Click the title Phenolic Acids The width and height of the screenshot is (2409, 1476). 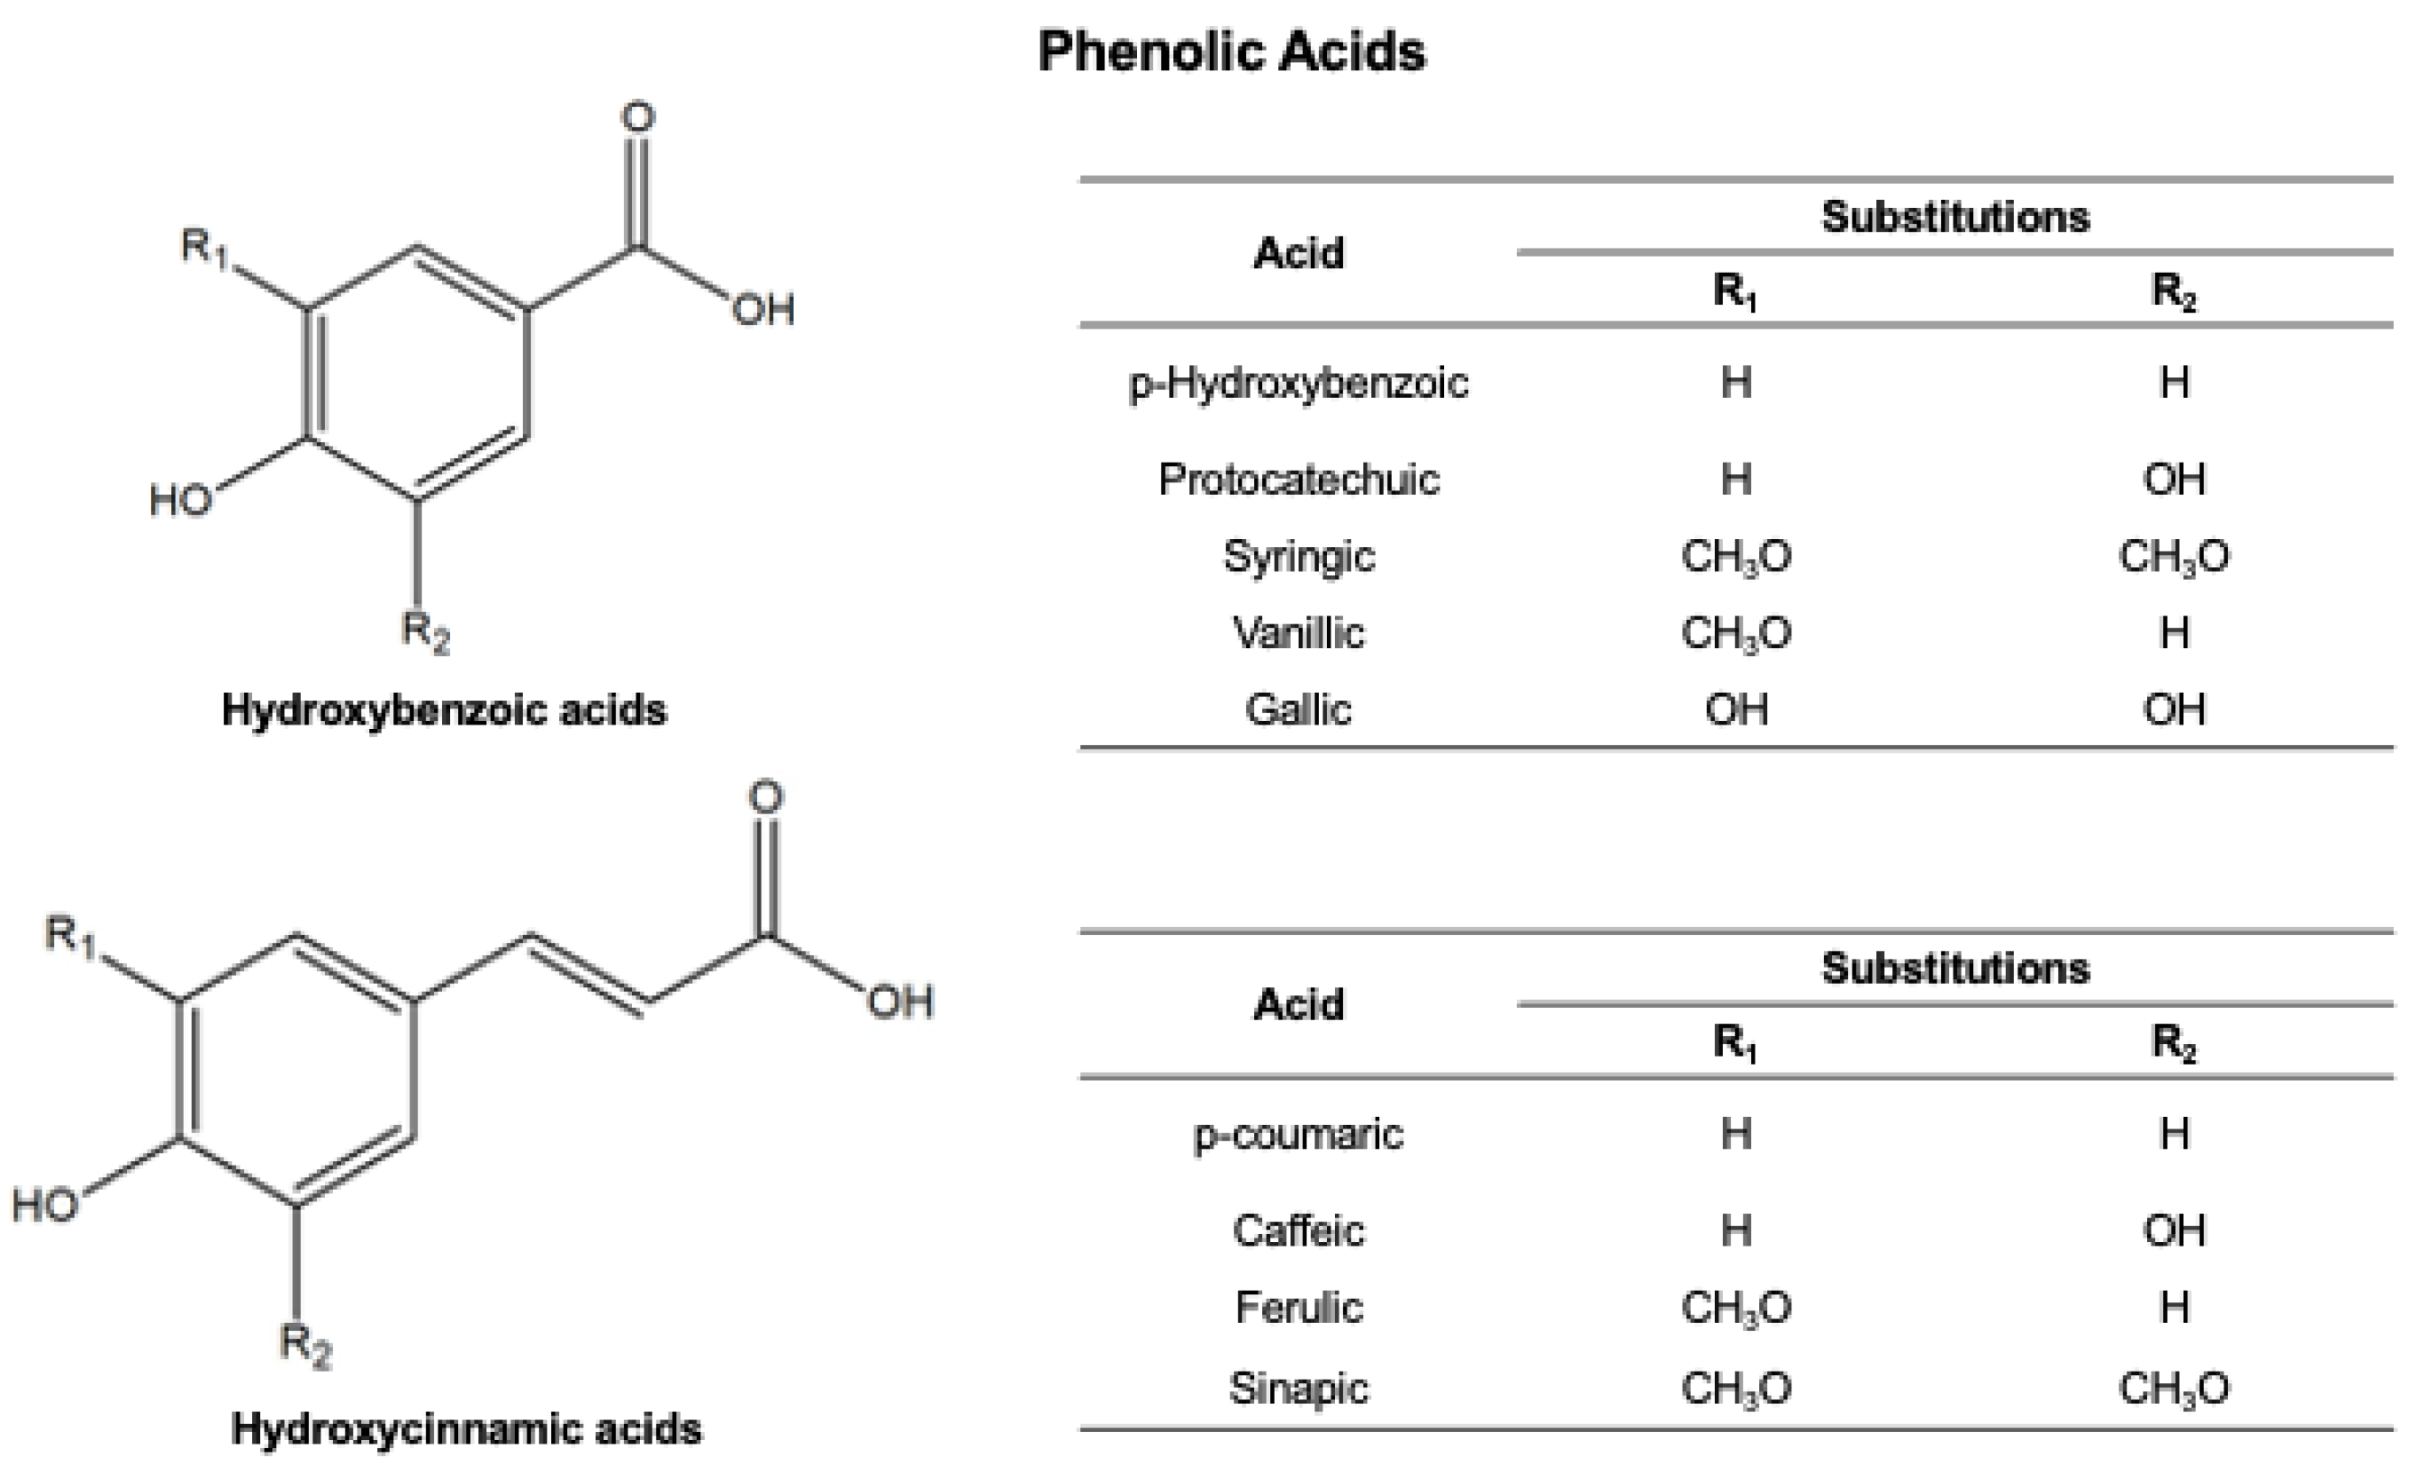point(1231,50)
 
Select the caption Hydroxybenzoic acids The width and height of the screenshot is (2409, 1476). point(444,710)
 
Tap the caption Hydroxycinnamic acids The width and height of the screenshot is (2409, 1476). point(466,1429)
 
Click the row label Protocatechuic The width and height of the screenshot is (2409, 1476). point(1298,479)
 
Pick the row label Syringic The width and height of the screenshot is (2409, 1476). point(1298,556)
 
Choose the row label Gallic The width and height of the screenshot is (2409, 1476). point(1298,710)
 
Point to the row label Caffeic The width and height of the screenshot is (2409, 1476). point(1298,1229)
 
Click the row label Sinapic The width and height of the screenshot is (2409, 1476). point(1298,1387)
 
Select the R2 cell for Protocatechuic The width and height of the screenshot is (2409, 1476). point(2174,479)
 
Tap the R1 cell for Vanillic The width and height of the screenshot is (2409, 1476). point(1736,634)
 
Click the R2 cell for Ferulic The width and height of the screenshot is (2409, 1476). point(2174,1307)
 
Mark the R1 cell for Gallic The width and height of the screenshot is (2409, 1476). point(1737,710)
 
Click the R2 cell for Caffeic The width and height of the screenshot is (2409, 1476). point(2174,1229)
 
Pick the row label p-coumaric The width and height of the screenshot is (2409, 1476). point(1298,1134)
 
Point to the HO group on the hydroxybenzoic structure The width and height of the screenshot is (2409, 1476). point(181,500)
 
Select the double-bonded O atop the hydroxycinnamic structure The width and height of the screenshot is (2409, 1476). point(765,796)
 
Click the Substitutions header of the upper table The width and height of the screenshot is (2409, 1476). point(1955,217)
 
